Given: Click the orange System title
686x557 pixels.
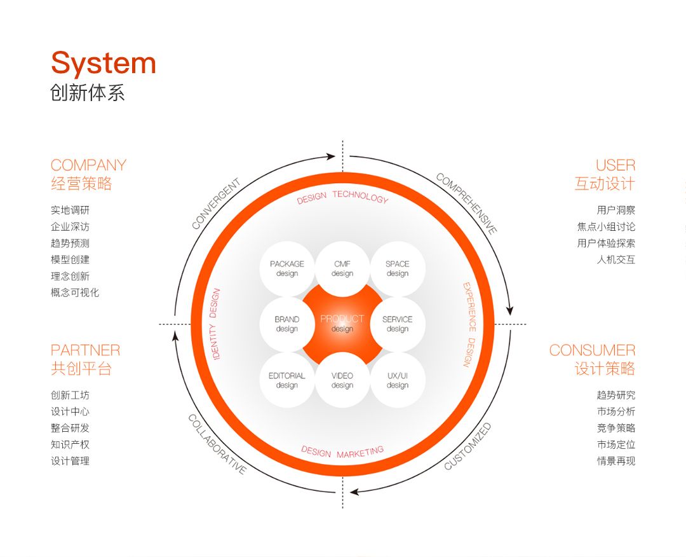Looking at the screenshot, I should click(104, 64).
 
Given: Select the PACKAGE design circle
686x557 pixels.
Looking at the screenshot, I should click(287, 269).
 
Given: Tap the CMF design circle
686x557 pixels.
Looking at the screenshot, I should click(342, 269).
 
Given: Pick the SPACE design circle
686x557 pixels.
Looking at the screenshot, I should click(398, 269).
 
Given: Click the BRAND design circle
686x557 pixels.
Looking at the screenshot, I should click(287, 324).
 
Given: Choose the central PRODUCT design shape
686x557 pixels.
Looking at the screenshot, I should click(342, 324).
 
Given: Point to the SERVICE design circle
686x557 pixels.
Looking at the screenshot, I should click(398, 324).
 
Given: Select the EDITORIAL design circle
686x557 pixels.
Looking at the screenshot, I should click(287, 380).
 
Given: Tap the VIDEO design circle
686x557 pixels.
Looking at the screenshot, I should click(342, 380).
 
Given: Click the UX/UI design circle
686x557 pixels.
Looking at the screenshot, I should click(398, 380).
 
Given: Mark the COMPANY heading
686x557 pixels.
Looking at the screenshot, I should click(88, 165).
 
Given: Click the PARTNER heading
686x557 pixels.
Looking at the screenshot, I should click(85, 350).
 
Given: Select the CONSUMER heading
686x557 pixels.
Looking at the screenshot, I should click(592, 350).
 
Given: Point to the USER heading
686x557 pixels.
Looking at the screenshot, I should click(615, 165).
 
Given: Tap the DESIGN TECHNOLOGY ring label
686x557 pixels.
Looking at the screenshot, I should click(342, 197).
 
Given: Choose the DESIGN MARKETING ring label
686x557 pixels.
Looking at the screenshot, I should click(342, 452).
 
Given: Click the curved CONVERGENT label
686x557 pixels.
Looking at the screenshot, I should click(216, 204).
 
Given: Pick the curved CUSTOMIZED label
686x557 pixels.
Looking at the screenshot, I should click(467, 446).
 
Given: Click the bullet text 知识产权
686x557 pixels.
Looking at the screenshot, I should click(70, 444).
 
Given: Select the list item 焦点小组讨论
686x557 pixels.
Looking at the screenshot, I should click(606, 226).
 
